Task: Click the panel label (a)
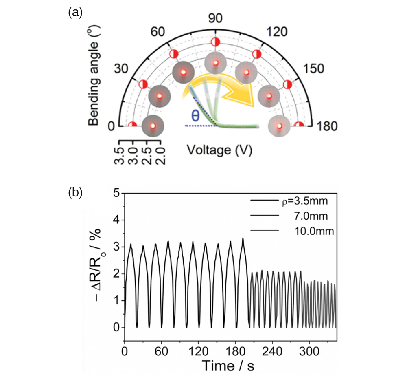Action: [x=75, y=13]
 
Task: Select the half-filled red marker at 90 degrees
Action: [x=216, y=42]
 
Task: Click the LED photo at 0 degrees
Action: [x=153, y=126]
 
